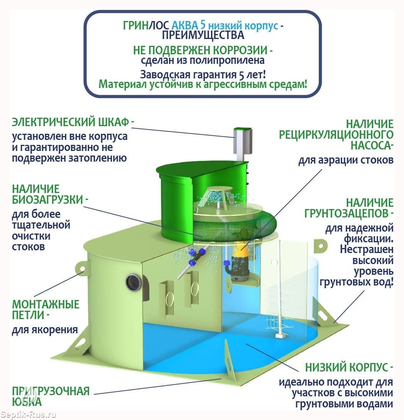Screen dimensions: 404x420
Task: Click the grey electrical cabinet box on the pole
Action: pos(243,141)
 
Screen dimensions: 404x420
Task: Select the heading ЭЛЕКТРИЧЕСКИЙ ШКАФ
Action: pos(71,122)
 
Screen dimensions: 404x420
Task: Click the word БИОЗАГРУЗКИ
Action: pos(47,200)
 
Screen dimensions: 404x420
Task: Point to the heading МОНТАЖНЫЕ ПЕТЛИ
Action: pos(45,310)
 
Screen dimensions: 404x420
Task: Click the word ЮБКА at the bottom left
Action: pos(27,402)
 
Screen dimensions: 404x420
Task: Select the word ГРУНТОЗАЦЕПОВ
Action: pos(346,214)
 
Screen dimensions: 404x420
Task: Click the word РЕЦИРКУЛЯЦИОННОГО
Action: pos(336,135)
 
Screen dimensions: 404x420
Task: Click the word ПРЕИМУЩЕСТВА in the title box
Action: pos(203,35)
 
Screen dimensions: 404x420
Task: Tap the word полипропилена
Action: pos(227,60)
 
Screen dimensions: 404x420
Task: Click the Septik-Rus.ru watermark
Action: pos(28,415)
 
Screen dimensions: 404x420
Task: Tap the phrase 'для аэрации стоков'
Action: pos(346,160)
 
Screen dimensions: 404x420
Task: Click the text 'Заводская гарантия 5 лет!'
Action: pos(203,75)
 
